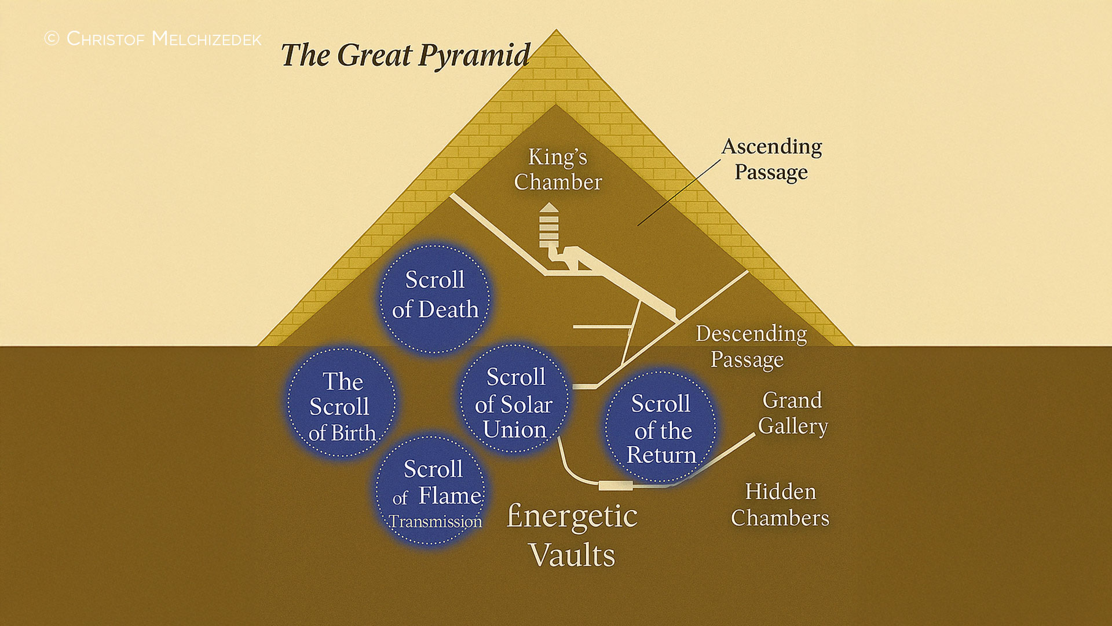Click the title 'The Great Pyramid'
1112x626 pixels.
405,56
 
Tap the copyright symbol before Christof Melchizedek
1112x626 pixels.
52,38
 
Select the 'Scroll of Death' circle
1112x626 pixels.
434,298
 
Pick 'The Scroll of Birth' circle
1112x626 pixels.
342,402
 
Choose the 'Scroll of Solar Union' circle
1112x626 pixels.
514,398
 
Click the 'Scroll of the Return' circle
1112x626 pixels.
661,427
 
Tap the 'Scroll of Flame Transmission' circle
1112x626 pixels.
431,490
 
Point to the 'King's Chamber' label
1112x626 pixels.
558,169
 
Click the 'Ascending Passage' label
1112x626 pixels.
771,159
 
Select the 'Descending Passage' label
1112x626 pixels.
751,347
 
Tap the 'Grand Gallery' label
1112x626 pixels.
793,413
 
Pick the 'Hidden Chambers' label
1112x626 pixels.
780,504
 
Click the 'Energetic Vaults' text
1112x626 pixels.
572,534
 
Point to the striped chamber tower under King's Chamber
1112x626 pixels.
548,226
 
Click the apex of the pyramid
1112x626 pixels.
556,29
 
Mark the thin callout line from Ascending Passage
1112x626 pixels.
679,192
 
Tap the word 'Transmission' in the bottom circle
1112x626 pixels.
435,522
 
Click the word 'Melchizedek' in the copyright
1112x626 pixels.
206,39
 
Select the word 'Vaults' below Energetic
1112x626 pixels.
572,555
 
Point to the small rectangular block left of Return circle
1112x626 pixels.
615,485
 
